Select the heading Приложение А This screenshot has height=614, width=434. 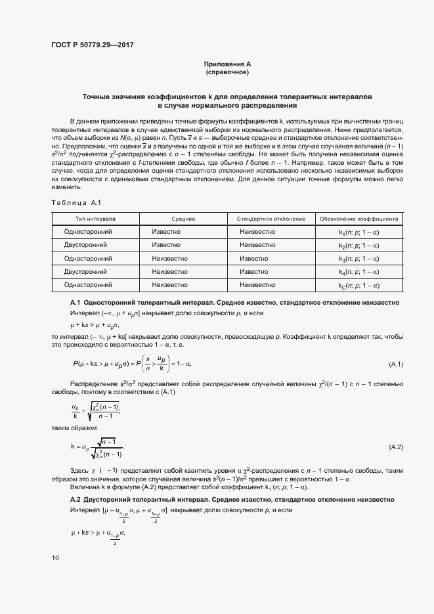227,64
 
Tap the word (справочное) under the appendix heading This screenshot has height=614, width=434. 227,72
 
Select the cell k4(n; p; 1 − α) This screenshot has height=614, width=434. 359,272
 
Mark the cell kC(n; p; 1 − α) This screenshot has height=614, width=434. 359,285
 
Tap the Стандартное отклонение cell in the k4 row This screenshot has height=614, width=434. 253,272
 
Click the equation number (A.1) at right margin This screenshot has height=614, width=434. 396,364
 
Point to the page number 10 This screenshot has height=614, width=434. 55,558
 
